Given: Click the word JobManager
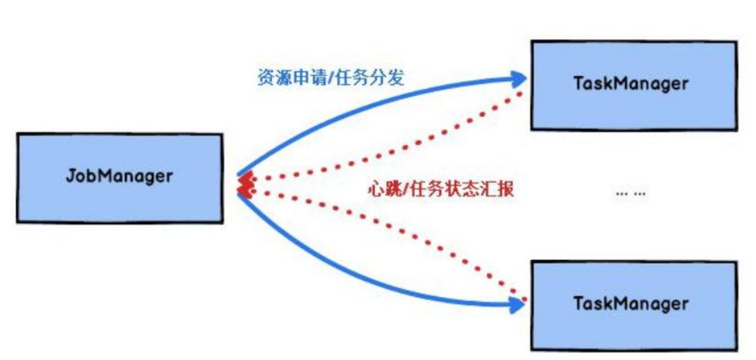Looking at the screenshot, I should coord(119,176).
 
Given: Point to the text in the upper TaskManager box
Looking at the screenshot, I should coord(631,83).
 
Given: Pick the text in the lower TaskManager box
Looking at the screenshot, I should coord(631,302).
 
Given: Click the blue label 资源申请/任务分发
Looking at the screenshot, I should coord(330,78).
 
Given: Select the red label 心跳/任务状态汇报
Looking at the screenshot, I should coord(440,189).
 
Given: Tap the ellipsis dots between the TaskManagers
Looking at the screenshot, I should coord(630,193).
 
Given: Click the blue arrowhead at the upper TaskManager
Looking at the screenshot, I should coord(520,78).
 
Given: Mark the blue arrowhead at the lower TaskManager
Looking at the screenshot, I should coord(519,307).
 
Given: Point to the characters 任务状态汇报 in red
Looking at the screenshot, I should coord(459,189).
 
